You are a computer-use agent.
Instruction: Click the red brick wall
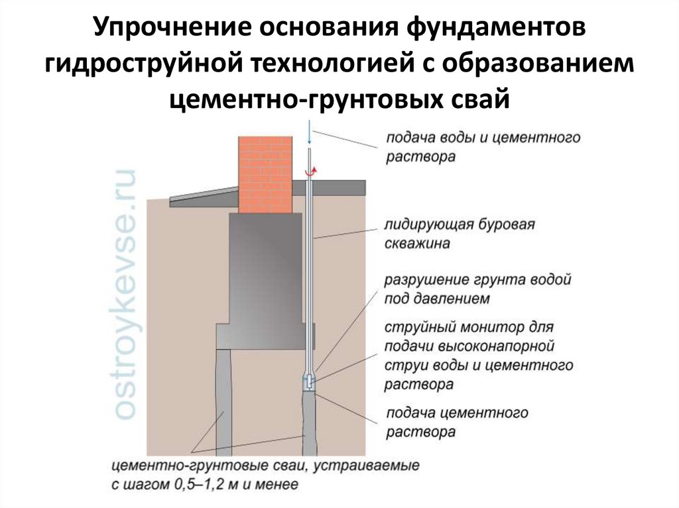pos(265,174)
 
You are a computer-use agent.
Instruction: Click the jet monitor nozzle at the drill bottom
pos(310,382)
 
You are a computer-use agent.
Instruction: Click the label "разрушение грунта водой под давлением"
pos(477,289)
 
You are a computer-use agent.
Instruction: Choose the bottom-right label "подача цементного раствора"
pos(457,423)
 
